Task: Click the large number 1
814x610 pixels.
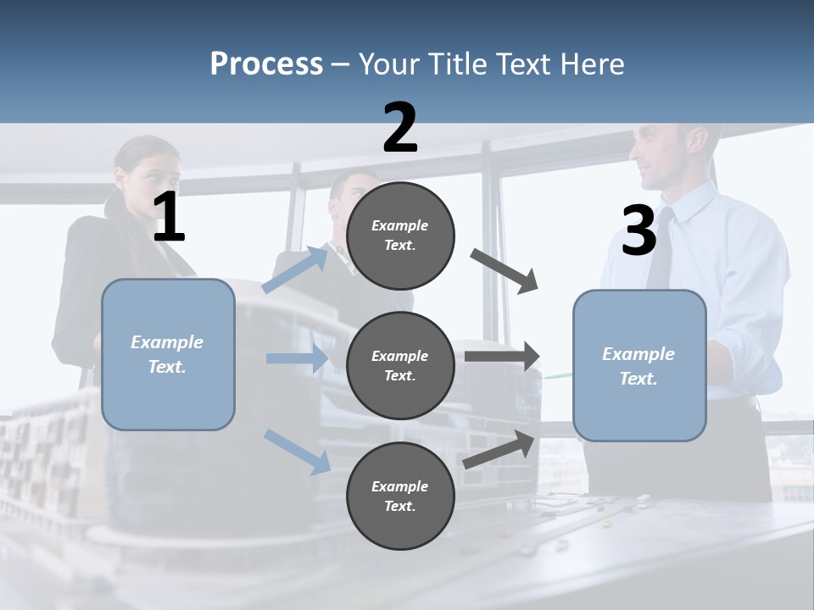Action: pos(169,219)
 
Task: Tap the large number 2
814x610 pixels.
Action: pos(400,128)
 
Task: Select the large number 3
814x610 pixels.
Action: pos(638,231)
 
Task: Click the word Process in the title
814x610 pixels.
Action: pos(266,64)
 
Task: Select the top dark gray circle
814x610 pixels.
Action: pos(400,236)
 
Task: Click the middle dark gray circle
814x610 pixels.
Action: pos(400,366)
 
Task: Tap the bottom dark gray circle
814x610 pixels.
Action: pos(400,496)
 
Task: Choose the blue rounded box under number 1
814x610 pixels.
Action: pos(168,354)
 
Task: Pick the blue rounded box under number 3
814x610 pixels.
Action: pos(639,366)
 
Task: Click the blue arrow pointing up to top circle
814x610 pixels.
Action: pos(295,269)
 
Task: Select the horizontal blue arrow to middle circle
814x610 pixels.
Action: pos(297,358)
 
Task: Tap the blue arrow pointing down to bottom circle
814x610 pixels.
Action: pos(297,451)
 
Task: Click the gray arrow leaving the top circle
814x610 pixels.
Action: pos(505,271)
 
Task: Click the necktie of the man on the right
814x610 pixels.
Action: pos(660,250)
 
